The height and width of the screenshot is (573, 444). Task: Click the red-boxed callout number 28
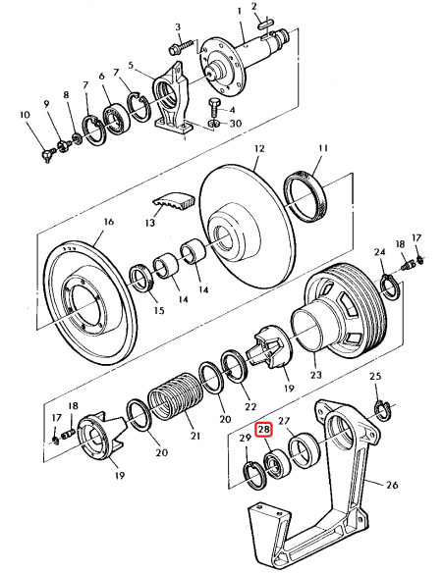pyautogui.click(x=264, y=430)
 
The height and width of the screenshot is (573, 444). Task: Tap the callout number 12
pyautogui.click(x=259, y=149)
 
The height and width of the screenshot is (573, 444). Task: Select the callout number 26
pyautogui.click(x=392, y=485)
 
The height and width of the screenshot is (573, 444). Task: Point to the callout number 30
pyautogui.click(x=235, y=124)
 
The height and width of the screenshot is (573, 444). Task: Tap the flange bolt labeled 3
pyautogui.click(x=182, y=47)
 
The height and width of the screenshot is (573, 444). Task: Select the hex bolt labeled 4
pyautogui.click(x=214, y=106)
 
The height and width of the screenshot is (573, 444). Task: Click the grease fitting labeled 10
pyautogui.click(x=47, y=155)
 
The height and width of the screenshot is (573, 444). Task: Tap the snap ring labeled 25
pyautogui.click(x=384, y=411)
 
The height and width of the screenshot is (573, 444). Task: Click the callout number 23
pyautogui.click(x=315, y=375)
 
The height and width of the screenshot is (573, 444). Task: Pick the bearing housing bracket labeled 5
pyautogui.click(x=171, y=99)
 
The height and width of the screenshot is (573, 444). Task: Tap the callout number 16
pyautogui.click(x=109, y=222)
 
